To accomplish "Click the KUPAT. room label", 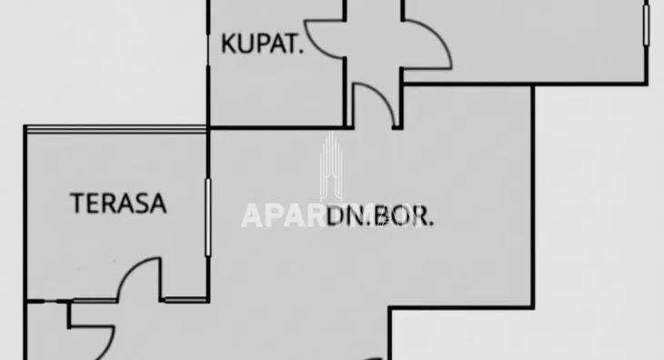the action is pyautogui.click(x=263, y=44).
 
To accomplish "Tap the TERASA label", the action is pyautogui.click(x=119, y=203).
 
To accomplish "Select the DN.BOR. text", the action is pyautogui.click(x=380, y=216).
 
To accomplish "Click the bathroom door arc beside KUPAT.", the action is pyautogui.click(x=324, y=40).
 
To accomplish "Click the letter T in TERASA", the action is pyautogui.click(x=77, y=203).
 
